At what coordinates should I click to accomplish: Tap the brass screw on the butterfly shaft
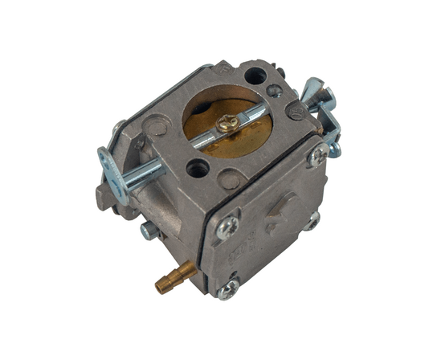click(x=228, y=121)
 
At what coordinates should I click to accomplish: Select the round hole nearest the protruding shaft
click(x=198, y=170)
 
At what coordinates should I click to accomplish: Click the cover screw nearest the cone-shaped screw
click(x=318, y=154)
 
